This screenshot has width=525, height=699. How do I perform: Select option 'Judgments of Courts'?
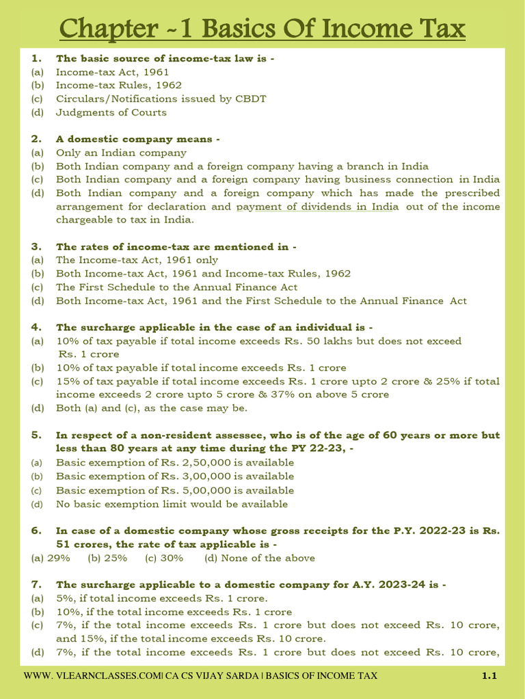click(111, 113)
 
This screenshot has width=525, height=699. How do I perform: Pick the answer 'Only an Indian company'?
click(121, 153)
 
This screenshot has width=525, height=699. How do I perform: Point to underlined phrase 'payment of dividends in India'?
click(317, 207)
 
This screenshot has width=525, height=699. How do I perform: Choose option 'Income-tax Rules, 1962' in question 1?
click(118, 85)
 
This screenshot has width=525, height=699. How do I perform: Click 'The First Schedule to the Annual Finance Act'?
click(176, 287)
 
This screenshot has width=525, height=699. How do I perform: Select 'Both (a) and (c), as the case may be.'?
click(151, 408)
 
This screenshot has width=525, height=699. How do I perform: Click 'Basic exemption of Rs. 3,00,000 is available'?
click(175, 476)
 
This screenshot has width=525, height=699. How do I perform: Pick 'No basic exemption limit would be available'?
click(172, 504)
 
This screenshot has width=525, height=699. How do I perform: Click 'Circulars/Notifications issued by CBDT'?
click(161, 99)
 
